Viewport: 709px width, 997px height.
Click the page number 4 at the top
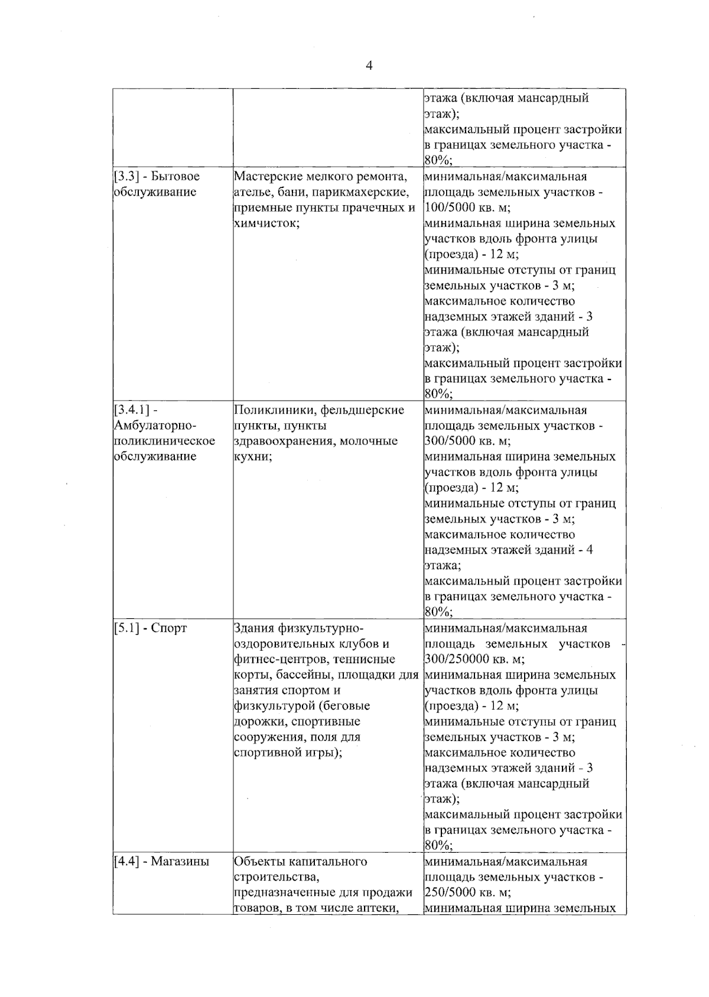pyautogui.click(x=369, y=66)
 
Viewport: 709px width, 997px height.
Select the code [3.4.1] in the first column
pyautogui.click(x=131, y=410)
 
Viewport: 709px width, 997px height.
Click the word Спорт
pyautogui.click(x=169, y=628)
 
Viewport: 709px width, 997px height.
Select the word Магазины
pyautogui.click(x=180, y=862)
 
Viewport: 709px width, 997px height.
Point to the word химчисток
pyautogui.click(x=265, y=223)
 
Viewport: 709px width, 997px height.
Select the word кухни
pyautogui.click(x=252, y=457)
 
